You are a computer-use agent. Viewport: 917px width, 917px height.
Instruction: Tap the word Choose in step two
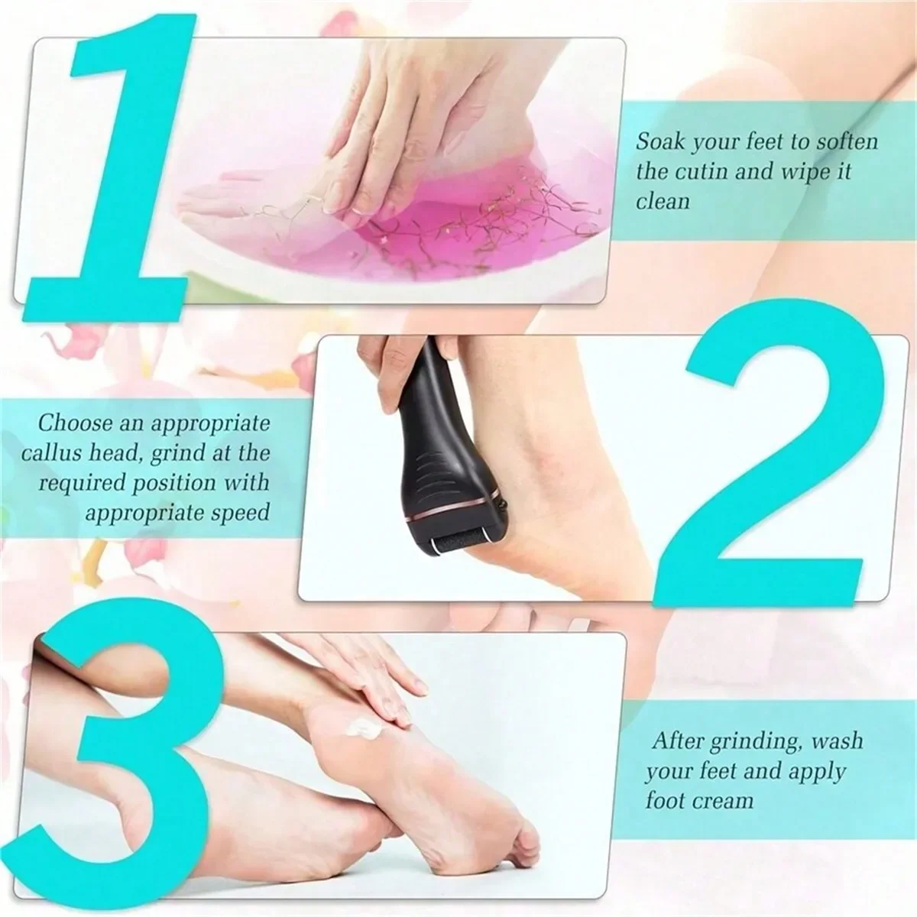coord(75,422)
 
